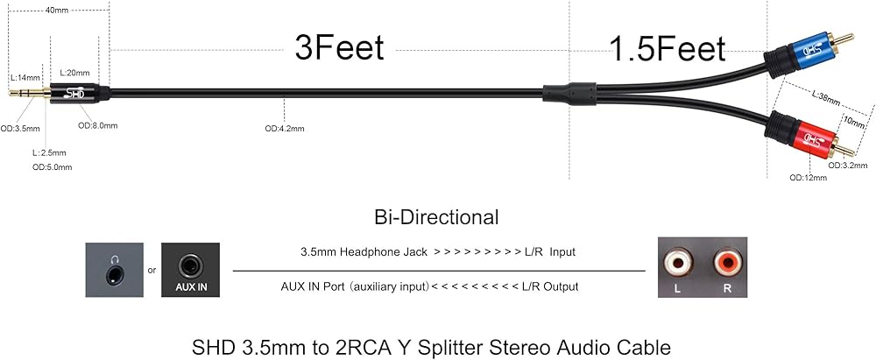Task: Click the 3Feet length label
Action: (339, 48)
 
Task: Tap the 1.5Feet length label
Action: (667, 49)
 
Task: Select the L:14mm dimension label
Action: (25, 77)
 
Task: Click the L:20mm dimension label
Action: (74, 73)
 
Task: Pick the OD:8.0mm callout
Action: (98, 125)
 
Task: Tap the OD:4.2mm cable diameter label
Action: (285, 129)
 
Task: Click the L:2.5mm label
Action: (49, 152)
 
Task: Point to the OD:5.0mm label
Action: (52, 167)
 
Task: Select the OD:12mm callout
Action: (808, 178)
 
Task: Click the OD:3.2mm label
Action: (847, 165)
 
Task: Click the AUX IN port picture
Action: (190, 270)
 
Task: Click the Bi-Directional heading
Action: (437, 217)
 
